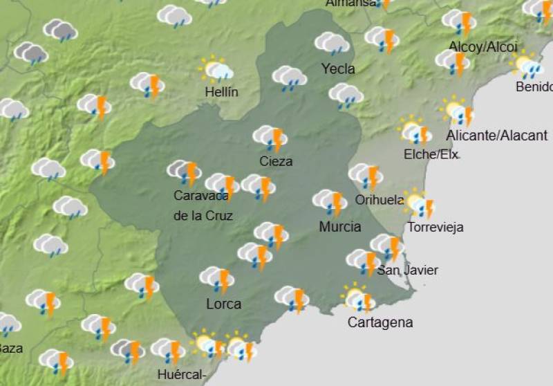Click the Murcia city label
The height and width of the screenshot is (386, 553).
click(340, 226)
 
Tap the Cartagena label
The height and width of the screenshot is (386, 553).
click(380, 322)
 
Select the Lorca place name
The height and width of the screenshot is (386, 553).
click(224, 304)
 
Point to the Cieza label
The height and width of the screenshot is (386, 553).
click(276, 161)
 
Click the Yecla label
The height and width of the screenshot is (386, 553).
click(338, 68)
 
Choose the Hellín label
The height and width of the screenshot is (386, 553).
click(221, 91)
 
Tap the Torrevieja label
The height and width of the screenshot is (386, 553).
click(435, 227)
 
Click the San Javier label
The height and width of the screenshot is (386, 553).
click(407, 270)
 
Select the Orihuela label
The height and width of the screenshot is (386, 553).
click(379, 200)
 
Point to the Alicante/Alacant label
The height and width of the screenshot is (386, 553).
click(497, 136)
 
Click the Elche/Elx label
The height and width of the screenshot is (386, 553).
click(431, 154)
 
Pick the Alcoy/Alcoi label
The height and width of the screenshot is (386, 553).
click(483, 47)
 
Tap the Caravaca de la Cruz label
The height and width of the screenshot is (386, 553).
click(203, 205)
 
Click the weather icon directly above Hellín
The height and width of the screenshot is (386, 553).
click(216, 70)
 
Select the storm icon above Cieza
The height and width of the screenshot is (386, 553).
click(270, 138)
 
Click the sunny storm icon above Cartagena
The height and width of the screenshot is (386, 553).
click(358, 299)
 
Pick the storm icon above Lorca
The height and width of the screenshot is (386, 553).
click(217, 279)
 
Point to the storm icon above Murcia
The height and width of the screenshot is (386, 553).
click(330, 202)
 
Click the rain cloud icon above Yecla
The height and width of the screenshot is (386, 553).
click(332, 44)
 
